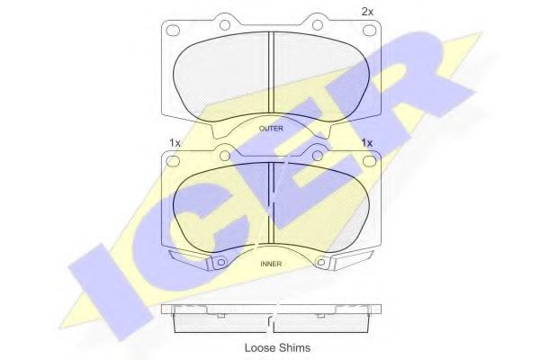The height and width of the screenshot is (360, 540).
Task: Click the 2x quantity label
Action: pyautogui.click(x=367, y=12)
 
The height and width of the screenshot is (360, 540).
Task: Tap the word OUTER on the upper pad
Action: pyautogui.click(x=271, y=129)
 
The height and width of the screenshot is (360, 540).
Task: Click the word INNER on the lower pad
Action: pyautogui.click(x=271, y=264)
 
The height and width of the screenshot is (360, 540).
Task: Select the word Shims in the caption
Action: pyautogui.click(x=294, y=347)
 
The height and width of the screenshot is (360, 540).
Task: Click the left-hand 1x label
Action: pyautogui.click(x=175, y=142)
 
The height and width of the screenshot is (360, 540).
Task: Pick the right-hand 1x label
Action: pyautogui.click(x=367, y=142)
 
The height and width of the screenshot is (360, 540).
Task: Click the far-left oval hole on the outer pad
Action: pyautogui.click(x=173, y=31)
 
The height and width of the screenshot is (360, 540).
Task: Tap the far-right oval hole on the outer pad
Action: pyautogui.click(x=369, y=31)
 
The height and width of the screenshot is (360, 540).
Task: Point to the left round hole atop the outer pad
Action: pyautogui.click(x=225, y=25)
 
